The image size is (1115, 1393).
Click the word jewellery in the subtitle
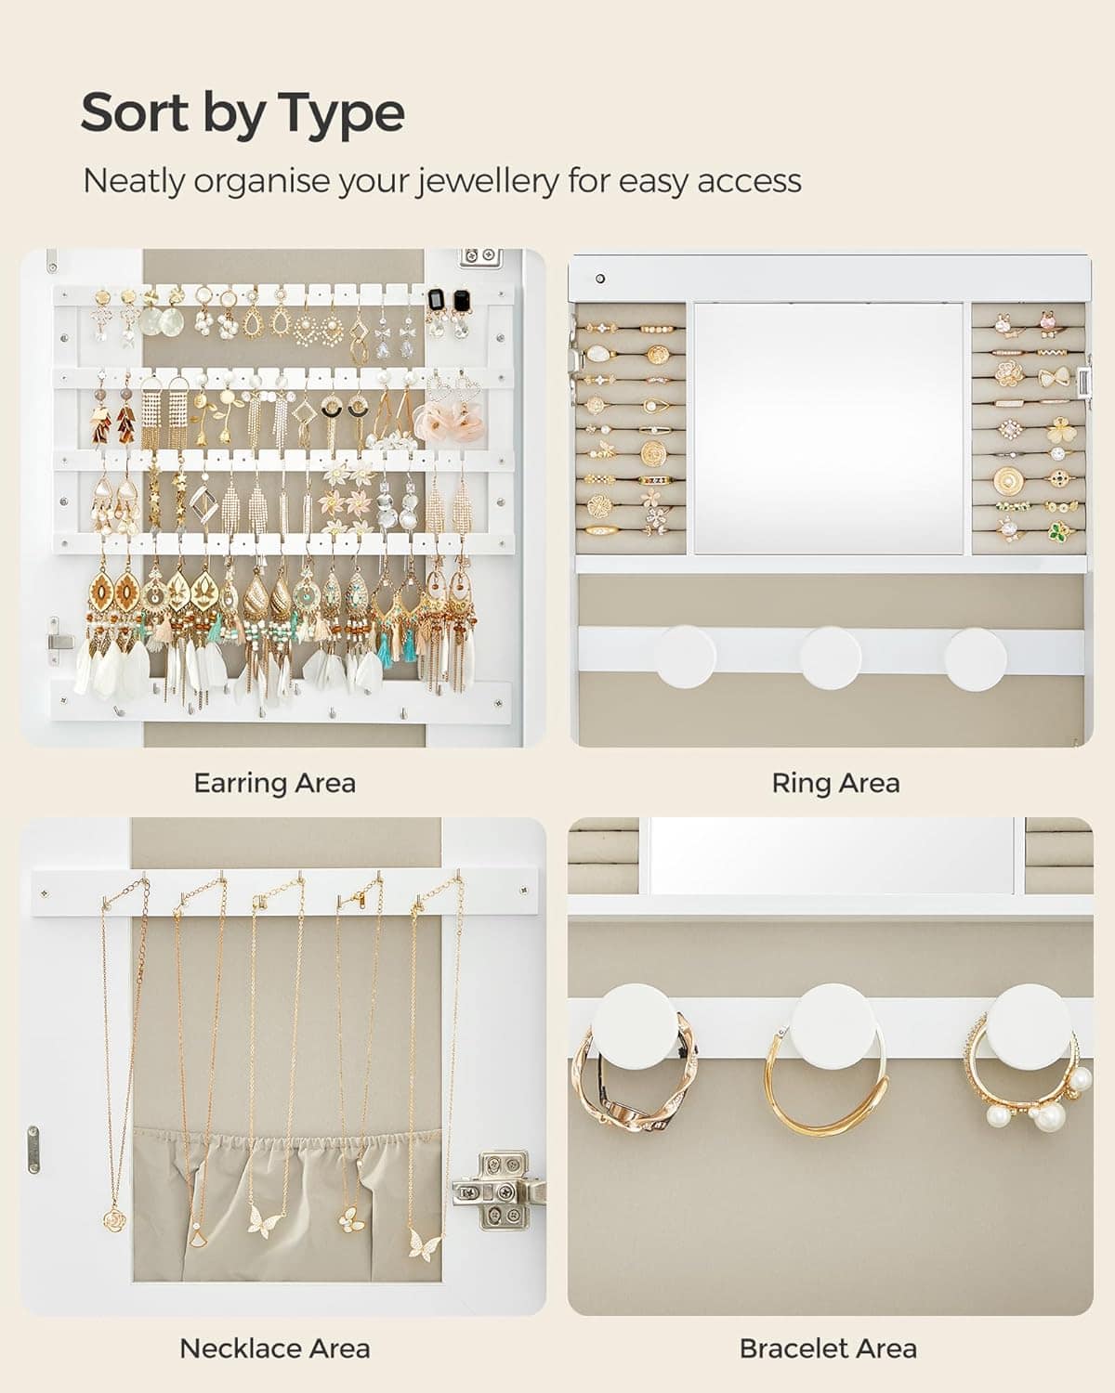click(486, 181)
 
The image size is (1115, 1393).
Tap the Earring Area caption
click(275, 783)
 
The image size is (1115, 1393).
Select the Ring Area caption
click(835, 783)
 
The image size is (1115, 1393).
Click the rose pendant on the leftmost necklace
click(114, 1221)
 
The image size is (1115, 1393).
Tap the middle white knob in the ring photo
click(830, 657)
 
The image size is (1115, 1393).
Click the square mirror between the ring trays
click(828, 428)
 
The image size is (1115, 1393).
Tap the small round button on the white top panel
click(600, 279)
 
